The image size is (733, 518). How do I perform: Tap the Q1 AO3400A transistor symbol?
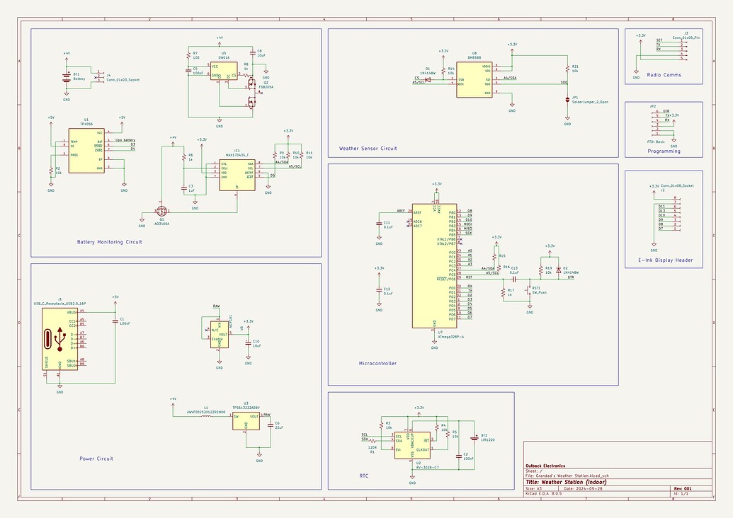pos(162,211)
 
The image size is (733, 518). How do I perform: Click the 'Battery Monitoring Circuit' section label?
pos(109,242)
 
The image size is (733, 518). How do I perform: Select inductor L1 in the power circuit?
pos(205,415)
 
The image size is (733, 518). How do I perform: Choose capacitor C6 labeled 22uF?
pos(268,425)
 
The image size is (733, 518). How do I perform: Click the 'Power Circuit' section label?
pos(96,459)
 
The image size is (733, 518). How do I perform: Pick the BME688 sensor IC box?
pos(473,79)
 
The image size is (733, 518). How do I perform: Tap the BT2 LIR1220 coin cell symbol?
pos(474,437)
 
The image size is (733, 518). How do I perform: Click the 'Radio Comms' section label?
pos(663,74)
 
